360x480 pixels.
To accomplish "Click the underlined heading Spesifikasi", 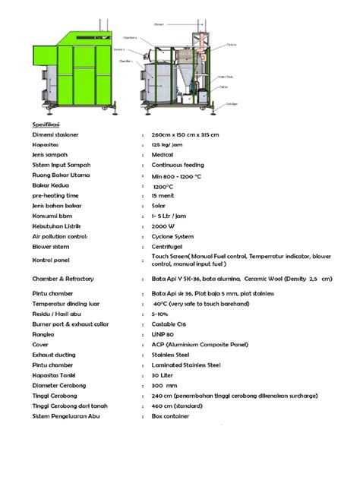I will pyautogui.click(x=47, y=123).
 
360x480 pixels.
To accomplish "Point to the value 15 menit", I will pyautogui.click(x=164, y=196).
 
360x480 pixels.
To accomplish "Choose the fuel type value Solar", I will pyautogui.click(x=159, y=206).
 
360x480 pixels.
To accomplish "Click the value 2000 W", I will pyautogui.click(x=163, y=226).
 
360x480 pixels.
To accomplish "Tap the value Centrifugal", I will pyautogui.click(x=168, y=247).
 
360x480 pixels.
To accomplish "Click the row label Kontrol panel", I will pyautogui.click(x=51, y=261).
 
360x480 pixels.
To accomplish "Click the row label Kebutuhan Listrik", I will pyautogui.click(x=57, y=226).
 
